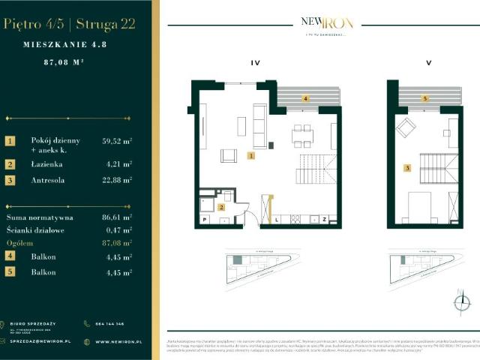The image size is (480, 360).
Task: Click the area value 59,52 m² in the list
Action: tap(117, 140)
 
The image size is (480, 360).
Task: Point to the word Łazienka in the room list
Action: tap(47, 163)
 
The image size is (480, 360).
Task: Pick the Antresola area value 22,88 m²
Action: tap(117, 180)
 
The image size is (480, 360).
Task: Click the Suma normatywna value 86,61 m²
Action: tap(117, 216)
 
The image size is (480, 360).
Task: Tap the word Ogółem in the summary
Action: tap(19, 243)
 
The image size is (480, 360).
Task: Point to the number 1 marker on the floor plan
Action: tap(251, 156)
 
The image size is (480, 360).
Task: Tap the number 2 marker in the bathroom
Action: tap(220, 206)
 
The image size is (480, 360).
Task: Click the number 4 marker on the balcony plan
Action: tap(305, 98)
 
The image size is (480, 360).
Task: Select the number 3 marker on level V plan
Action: tap(406, 169)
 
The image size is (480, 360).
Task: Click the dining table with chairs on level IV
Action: tap(302, 133)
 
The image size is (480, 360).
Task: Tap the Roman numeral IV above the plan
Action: tap(255, 64)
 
